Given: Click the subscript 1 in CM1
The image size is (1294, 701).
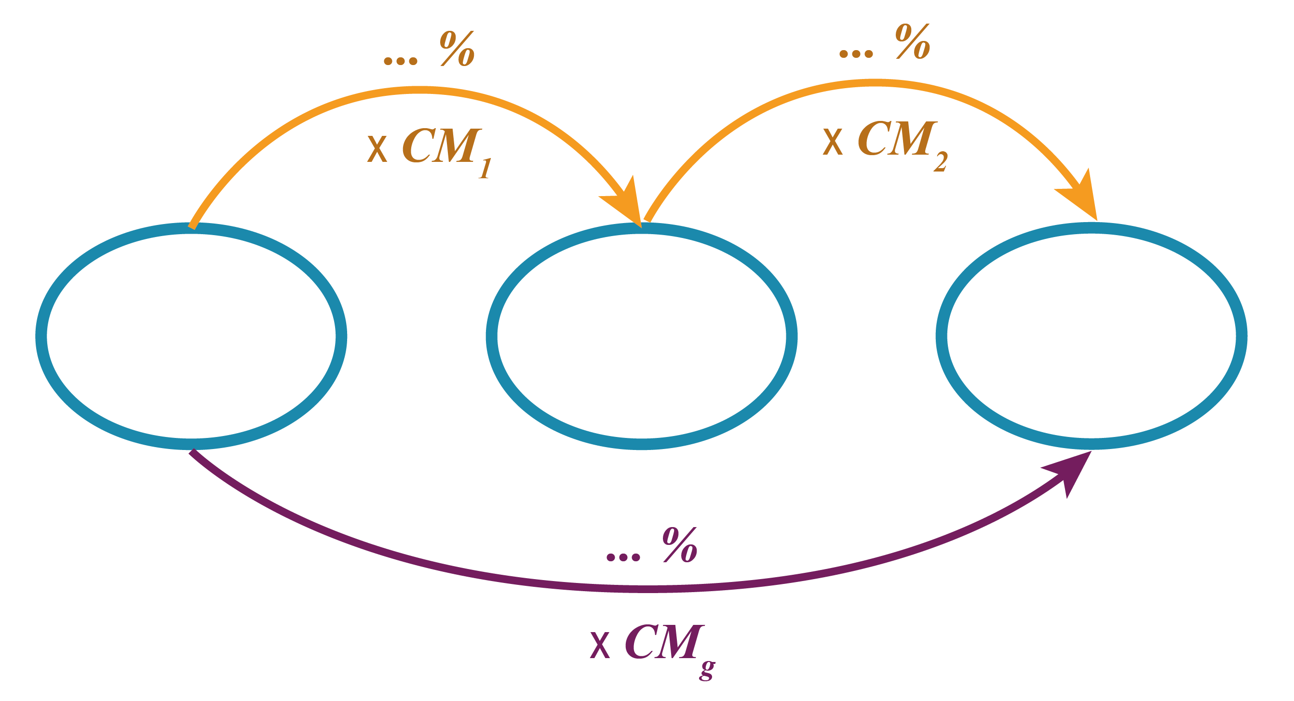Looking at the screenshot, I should (484, 169).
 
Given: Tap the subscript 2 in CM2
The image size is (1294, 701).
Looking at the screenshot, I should (940, 162).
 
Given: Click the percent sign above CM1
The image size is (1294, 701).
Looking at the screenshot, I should (458, 49).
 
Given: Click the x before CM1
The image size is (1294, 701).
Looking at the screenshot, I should (377, 149).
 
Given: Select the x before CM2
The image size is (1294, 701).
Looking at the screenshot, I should (832, 142).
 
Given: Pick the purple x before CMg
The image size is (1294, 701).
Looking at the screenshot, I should (600, 646).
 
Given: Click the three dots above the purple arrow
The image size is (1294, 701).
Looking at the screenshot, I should (623, 556).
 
